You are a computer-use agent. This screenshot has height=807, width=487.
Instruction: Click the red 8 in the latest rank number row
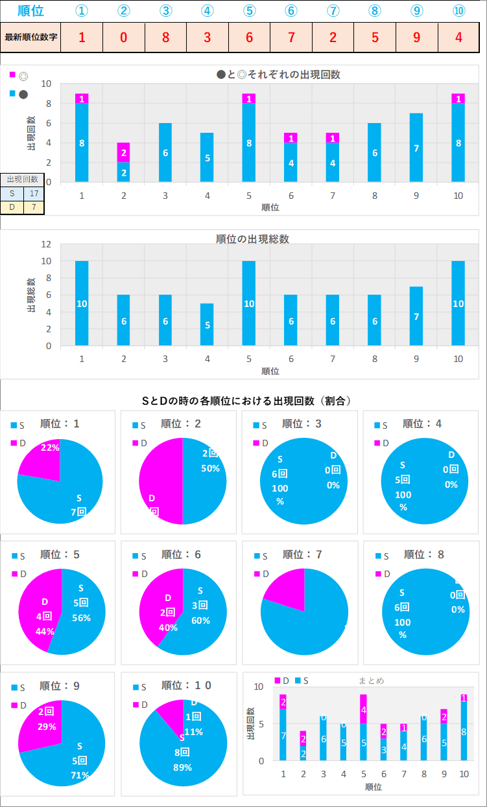click(165, 37)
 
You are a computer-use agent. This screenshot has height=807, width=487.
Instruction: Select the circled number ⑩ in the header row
click(458, 11)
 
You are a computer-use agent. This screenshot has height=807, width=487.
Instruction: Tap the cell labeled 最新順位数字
click(31, 37)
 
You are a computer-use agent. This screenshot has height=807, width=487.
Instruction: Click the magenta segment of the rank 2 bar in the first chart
click(123, 152)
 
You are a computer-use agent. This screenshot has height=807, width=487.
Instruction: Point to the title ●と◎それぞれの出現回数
click(279, 74)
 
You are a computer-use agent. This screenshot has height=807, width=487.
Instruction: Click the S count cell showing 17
click(34, 193)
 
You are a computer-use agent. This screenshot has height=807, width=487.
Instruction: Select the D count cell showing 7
click(34, 207)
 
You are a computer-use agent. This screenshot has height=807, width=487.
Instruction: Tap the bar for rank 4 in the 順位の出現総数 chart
click(207, 324)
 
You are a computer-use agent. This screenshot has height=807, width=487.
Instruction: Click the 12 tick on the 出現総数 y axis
click(46, 244)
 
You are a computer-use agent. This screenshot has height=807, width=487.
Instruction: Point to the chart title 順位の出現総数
click(252, 239)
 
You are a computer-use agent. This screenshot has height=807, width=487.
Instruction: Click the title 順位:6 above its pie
click(181, 554)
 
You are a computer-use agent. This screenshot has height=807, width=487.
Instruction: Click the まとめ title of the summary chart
click(372, 681)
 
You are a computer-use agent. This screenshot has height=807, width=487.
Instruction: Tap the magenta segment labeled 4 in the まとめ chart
click(363, 709)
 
